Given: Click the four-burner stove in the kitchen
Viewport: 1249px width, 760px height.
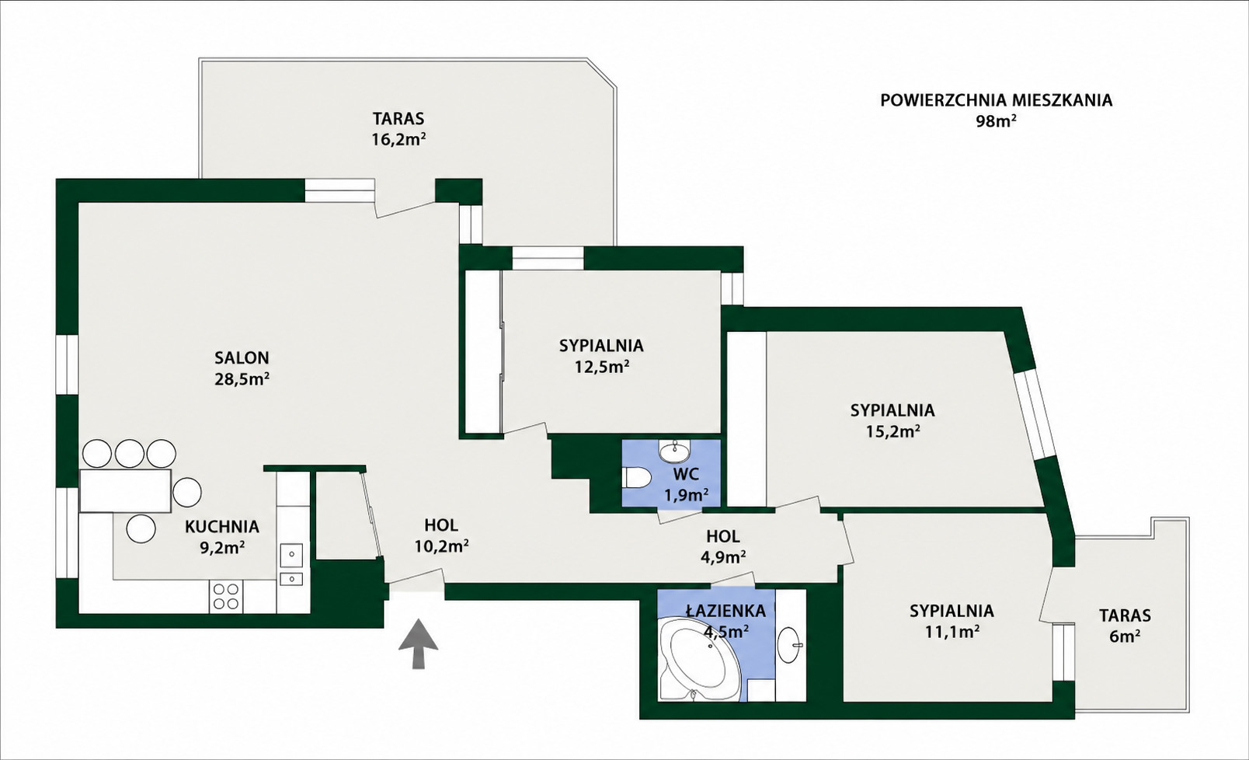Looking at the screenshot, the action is (x=226, y=596).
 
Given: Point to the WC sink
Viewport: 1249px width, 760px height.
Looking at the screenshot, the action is (x=675, y=450).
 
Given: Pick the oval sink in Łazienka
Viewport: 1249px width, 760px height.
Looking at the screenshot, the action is (x=791, y=644).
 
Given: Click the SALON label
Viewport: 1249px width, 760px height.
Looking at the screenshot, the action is (x=242, y=357).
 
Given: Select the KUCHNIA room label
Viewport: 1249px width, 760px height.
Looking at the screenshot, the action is (x=222, y=526).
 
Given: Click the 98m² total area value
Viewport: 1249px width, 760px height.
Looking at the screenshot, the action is (x=996, y=121).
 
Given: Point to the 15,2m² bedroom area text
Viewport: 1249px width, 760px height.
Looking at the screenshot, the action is (x=892, y=431).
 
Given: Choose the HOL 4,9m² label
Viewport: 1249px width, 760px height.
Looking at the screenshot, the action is (x=723, y=547).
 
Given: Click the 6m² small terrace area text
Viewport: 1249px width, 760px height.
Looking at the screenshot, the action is (x=1125, y=636).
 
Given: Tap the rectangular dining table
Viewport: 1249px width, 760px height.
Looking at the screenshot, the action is (x=126, y=490).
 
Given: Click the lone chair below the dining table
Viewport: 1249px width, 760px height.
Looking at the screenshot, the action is (x=141, y=528).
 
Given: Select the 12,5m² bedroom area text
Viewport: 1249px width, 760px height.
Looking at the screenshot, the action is (x=602, y=367).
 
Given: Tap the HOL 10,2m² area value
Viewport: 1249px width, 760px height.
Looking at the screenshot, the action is (x=441, y=546).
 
